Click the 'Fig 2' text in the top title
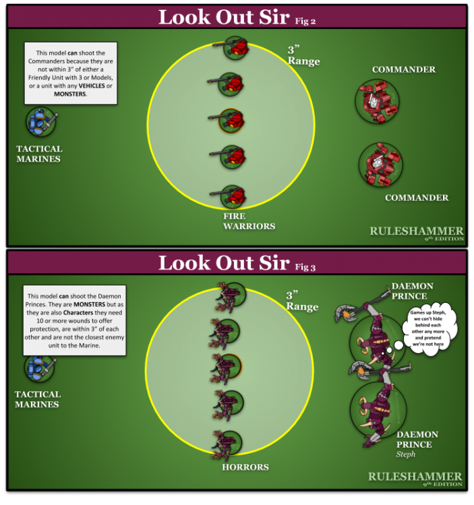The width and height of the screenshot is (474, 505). coord(305,22)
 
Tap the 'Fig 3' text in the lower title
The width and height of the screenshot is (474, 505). coord(305,267)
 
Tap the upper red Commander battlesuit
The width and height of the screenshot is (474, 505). coord(378,102)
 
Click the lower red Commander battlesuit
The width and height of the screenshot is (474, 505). coord(381,165)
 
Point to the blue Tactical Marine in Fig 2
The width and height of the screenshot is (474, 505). coord(41,122)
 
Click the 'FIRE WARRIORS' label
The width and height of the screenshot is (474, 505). coord(249,221)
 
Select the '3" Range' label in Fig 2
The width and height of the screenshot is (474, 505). coord(303,56)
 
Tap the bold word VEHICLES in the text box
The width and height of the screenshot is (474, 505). coord(92,86)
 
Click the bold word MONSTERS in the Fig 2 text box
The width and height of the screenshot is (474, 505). coord(70,94)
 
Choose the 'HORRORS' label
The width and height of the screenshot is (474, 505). coord(245,467)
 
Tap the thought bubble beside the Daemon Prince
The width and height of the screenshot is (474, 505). coord(428,329)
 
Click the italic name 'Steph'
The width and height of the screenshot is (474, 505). coord(406,454)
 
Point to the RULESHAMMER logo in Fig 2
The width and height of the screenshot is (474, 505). coord(417,233)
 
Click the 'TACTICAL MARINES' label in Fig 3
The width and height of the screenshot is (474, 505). coord(37,399)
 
